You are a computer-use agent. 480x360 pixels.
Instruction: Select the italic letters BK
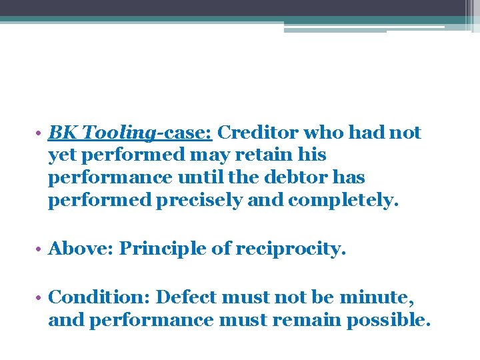click(x=60, y=133)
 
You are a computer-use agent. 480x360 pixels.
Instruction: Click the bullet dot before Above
click(x=41, y=249)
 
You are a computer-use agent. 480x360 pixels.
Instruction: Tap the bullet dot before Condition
click(x=41, y=297)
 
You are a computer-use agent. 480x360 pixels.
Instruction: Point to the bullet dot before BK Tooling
click(x=41, y=134)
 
